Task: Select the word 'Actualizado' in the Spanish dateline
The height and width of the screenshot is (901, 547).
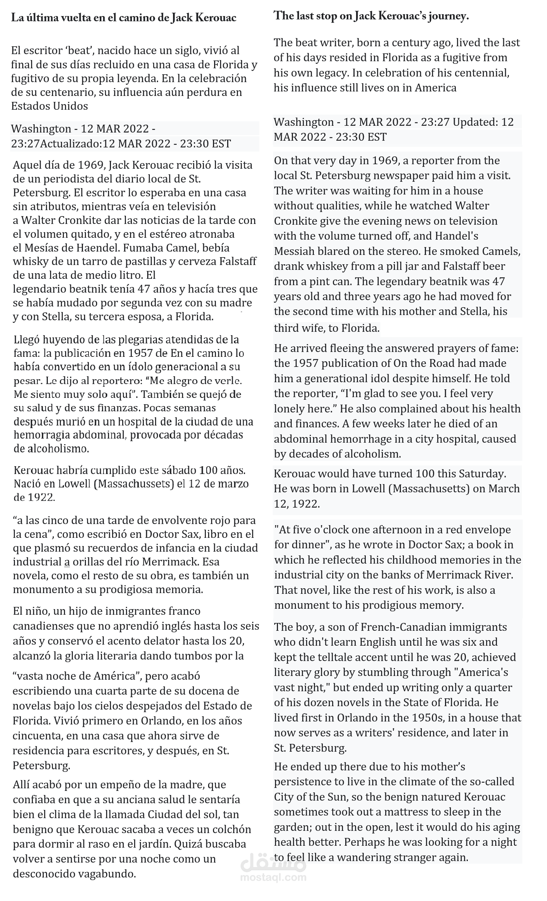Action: point(71,144)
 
